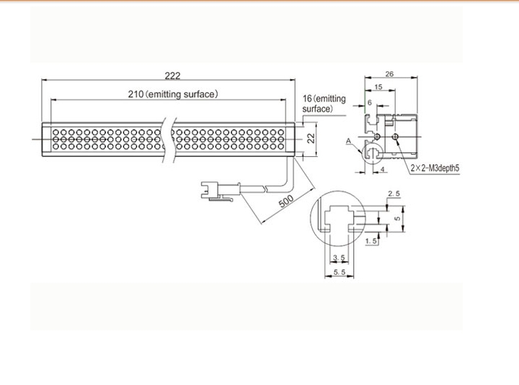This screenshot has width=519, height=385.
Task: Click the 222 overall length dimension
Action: pos(172,76)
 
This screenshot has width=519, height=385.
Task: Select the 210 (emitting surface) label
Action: pos(173,94)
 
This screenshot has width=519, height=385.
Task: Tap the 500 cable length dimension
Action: pos(286,201)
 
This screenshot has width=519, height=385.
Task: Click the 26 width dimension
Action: pos(389,73)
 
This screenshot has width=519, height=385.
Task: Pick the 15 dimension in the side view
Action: pos(378,87)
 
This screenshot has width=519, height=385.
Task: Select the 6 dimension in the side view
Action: pos(370,102)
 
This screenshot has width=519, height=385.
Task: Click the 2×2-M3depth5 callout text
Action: pos(435,168)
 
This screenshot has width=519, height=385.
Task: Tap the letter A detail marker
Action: pos(348,141)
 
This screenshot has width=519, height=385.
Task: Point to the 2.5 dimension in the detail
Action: pos(394,194)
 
